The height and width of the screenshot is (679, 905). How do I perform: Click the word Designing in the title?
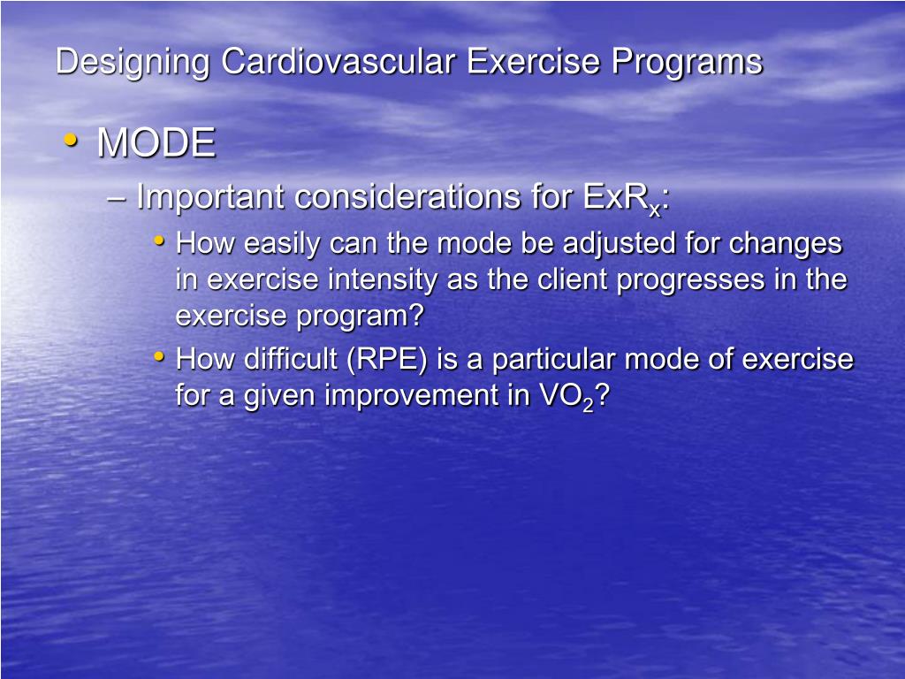pyautogui.click(x=133, y=63)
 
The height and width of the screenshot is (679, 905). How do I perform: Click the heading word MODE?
pyautogui.click(x=156, y=143)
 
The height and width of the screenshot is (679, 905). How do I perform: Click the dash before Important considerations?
pyautogui.click(x=115, y=198)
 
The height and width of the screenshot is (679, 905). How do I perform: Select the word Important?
pyautogui.click(x=211, y=197)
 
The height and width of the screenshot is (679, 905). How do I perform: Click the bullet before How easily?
pyautogui.click(x=159, y=240)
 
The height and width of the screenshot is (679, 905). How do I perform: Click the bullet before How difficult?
pyautogui.click(x=159, y=357)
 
